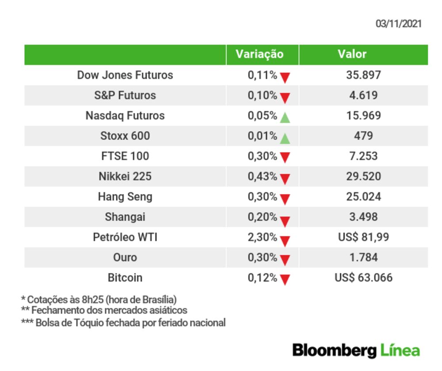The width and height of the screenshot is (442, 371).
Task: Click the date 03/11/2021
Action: [x=398, y=24]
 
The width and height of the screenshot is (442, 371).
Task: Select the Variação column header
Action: [x=259, y=54]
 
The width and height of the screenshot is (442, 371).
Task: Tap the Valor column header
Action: [x=352, y=54]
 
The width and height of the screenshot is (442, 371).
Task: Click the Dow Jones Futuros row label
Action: [x=125, y=75]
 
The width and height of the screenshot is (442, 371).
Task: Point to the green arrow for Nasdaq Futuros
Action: [x=285, y=118]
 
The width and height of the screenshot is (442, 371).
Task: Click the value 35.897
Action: [x=363, y=75]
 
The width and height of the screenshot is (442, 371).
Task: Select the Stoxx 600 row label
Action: [x=125, y=136]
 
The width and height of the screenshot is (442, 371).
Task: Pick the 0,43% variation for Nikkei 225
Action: [x=263, y=176]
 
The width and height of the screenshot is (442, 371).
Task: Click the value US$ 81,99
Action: [x=363, y=237]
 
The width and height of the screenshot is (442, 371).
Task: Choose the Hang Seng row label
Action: [x=125, y=197]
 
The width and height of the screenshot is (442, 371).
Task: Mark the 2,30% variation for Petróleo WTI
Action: [x=263, y=237]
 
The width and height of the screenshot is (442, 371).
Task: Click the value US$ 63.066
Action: [x=363, y=278]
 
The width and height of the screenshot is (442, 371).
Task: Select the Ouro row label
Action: [x=125, y=258]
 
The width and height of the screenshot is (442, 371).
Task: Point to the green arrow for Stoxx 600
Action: [x=285, y=139]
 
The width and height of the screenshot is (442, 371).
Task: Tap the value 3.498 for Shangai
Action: [x=363, y=217]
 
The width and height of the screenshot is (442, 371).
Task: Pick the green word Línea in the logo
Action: [x=400, y=350]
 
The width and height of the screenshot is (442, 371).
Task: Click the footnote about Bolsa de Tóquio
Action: [x=123, y=323]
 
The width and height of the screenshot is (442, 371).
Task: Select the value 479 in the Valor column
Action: [x=363, y=136]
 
